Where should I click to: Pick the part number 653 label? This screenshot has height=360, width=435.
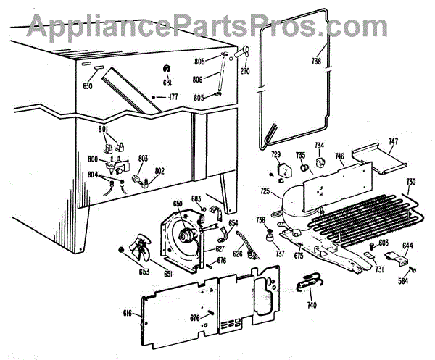[x=125, y=272]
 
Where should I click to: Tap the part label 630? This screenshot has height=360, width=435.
[x=88, y=85]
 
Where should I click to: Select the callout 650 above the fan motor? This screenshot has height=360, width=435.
[x=178, y=204]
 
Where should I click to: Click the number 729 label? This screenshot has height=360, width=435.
[x=275, y=156]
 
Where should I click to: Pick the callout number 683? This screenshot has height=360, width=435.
[x=196, y=198]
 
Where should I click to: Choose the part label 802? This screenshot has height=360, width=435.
[x=159, y=170]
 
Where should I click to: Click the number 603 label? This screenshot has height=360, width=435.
[x=384, y=243]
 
